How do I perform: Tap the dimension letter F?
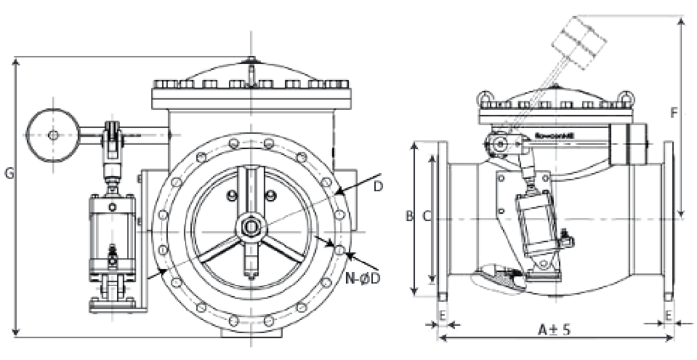tap(674, 113)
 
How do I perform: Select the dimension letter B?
tap(409, 216)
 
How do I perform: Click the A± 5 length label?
tap(554, 329)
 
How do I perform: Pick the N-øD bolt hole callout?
tap(364, 276)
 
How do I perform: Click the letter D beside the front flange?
tap(378, 186)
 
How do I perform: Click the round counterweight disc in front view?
tap(53, 135)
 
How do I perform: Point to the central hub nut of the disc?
tap(250, 226)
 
